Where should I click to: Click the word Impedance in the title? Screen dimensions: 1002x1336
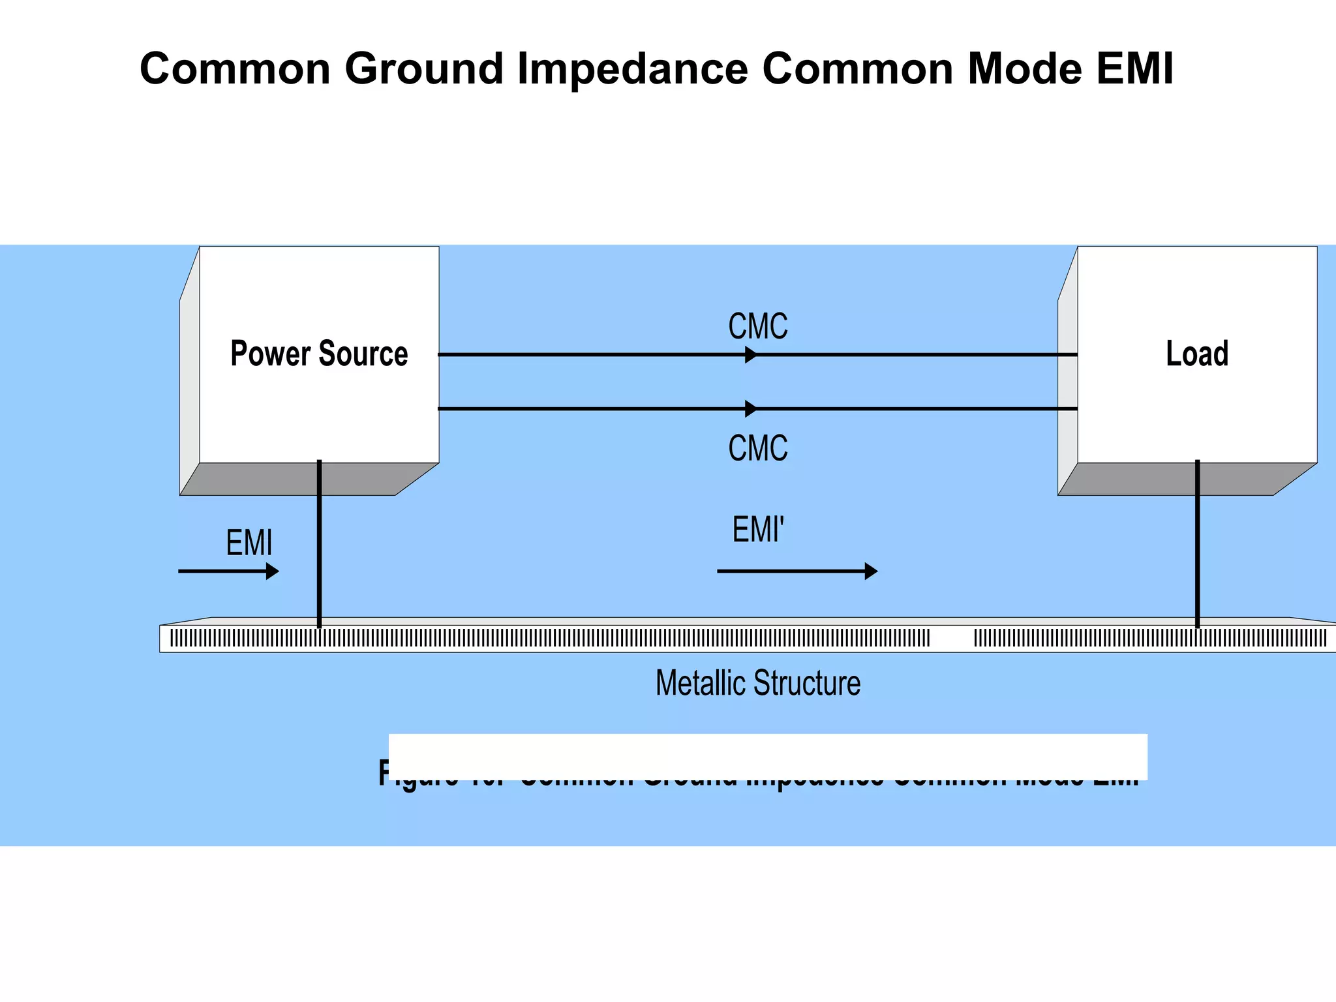click(x=631, y=69)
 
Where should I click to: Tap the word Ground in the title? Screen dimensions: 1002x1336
click(x=424, y=69)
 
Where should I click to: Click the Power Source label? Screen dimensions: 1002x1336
click(x=319, y=354)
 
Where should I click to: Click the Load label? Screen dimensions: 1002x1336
click(x=1197, y=354)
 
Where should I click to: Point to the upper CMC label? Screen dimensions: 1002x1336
click(x=757, y=326)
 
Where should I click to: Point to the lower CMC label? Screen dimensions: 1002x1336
click(x=757, y=449)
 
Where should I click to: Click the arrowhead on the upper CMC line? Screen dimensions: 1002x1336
click(x=751, y=355)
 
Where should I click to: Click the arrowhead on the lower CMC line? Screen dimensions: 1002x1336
click(x=751, y=409)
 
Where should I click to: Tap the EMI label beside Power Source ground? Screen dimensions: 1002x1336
click(x=249, y=543)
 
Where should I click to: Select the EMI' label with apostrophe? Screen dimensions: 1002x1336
click(x=757, y=529)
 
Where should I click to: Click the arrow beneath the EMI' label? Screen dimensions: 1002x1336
click(x=797, y=571)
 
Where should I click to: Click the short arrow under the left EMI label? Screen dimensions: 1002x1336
click(x=228, y=571)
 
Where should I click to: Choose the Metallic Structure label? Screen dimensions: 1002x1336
click(x=757, y=683)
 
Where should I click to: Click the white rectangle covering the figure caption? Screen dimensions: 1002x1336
click(x=767, y=755)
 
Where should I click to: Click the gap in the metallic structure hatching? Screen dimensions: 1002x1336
click(x=952, y=638)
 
